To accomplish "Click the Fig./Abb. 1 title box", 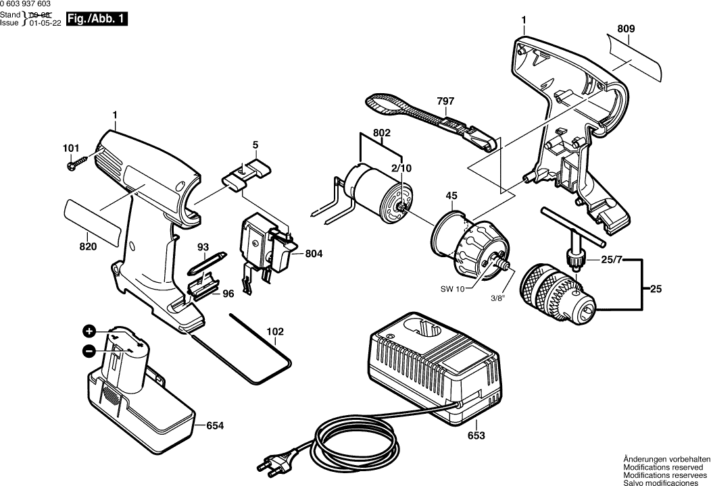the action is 96,19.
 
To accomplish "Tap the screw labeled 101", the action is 77,163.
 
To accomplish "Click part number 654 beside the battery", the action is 215,426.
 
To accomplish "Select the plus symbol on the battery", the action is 89,331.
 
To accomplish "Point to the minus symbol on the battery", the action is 89,350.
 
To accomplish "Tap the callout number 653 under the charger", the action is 476,436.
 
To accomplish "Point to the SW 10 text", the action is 453,290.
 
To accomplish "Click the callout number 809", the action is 626,29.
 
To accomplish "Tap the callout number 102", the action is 275,331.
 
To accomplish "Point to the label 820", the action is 88,246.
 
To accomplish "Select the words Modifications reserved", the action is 663,467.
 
